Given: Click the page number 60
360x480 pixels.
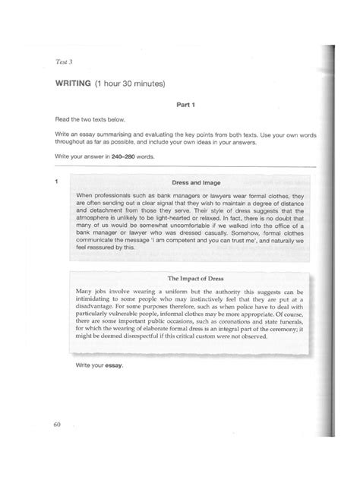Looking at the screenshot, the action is point(56,423).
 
